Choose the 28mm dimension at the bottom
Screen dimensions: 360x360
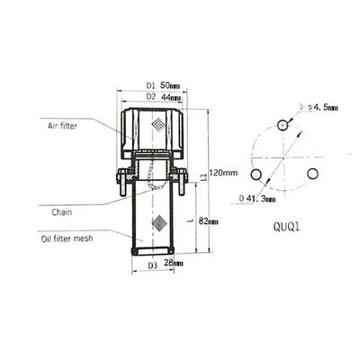click(x=170, y=265)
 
